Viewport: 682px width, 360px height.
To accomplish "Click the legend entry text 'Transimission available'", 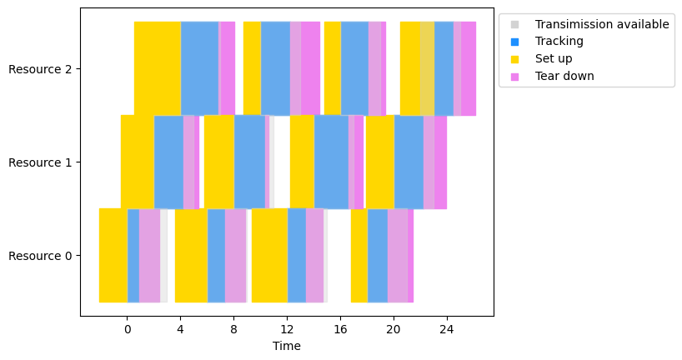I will (x=602, y=24).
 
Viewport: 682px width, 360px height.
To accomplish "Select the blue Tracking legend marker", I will (x=514, y=41).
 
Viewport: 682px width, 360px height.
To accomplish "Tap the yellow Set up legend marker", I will (x=514, y=58).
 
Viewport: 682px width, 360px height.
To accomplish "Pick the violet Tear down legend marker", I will (x=514, y=76).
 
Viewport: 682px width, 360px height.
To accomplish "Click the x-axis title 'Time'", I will (x=287, y=346).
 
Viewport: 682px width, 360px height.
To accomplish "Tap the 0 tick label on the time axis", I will (x=127, y=329).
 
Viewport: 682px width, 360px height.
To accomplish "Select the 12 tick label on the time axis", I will (x=287, y=329).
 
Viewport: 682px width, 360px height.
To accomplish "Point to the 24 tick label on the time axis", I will (x=447, y=329).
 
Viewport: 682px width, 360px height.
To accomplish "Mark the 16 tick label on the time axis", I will (x=340, y=329).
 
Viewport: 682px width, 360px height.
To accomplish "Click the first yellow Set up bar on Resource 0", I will (x=113, y=255).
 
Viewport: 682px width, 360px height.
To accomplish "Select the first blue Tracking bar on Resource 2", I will (x=200, y=68).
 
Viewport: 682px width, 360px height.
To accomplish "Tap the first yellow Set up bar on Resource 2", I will (x=158, y=68).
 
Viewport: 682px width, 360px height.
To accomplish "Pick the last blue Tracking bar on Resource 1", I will (x=409, y=162).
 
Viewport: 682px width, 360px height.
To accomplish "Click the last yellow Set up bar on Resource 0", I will (x=359, y=255).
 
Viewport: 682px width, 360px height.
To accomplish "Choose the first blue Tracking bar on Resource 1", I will (x=168, y=162).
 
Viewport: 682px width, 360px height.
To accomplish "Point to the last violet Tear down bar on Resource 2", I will (x=469, y=68).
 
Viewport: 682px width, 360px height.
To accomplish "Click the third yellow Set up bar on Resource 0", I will (x=269, y=255).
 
